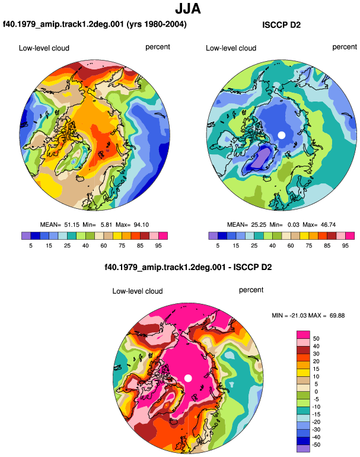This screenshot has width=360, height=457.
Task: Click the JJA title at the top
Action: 188,9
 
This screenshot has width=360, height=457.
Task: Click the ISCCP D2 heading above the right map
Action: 281,25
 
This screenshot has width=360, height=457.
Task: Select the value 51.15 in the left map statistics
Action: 72,225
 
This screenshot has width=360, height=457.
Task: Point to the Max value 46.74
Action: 327,225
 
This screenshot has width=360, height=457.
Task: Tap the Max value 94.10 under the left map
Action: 141,225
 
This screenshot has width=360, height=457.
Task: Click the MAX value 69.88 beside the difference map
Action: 337,315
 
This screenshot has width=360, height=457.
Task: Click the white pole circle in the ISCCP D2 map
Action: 281,135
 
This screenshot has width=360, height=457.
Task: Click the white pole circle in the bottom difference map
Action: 188,378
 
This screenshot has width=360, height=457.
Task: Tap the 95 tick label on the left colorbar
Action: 158,246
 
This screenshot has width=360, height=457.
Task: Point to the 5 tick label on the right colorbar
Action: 218,246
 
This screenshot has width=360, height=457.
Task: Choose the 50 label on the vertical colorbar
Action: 316,338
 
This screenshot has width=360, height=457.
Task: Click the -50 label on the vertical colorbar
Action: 316,445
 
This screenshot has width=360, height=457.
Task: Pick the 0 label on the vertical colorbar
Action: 316,392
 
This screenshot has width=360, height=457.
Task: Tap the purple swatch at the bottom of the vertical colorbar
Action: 303,449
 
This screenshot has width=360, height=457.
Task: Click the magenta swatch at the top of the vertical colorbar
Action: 303,335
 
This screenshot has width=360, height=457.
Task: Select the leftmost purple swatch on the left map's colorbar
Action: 26,236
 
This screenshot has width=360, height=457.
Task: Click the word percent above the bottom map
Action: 251,290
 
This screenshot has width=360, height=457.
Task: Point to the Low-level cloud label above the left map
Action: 44,48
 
